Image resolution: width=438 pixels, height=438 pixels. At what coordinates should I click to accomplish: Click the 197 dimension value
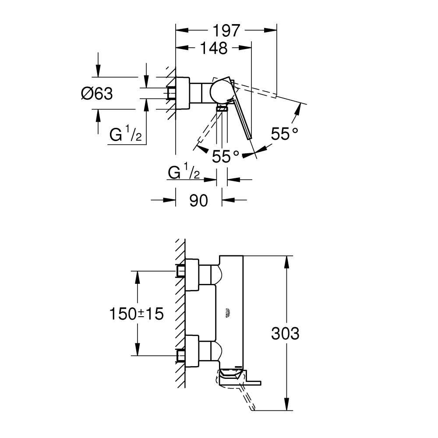[226, 31]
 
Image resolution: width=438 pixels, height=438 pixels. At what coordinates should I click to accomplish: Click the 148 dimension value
[215, 48]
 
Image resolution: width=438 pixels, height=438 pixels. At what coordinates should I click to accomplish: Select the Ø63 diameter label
[97, 93]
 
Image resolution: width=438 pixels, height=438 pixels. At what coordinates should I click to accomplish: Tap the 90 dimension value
[198, 201]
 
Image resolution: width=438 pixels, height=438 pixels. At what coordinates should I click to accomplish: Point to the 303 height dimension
[285, 334]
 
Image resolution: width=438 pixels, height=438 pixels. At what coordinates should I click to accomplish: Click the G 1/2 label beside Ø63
[125, 135]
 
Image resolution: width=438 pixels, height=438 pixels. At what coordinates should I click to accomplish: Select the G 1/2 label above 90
[184, 173]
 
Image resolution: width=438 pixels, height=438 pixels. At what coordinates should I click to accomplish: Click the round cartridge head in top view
[219, 92]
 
